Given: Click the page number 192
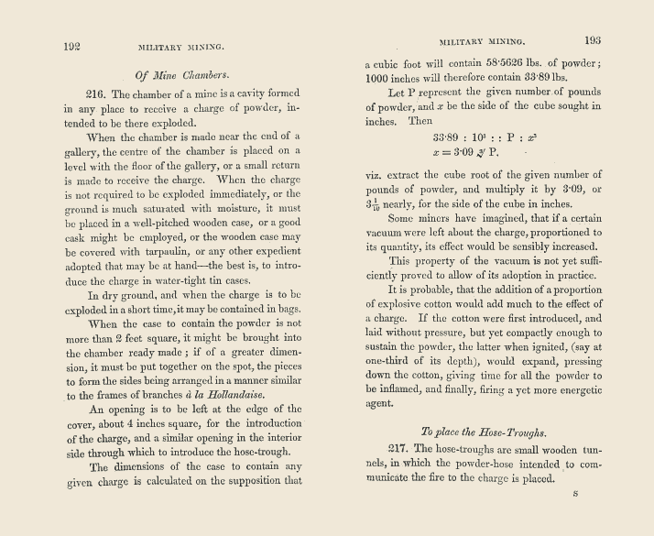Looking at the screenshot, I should (74, 45).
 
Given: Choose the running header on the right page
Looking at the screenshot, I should (482, 41).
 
